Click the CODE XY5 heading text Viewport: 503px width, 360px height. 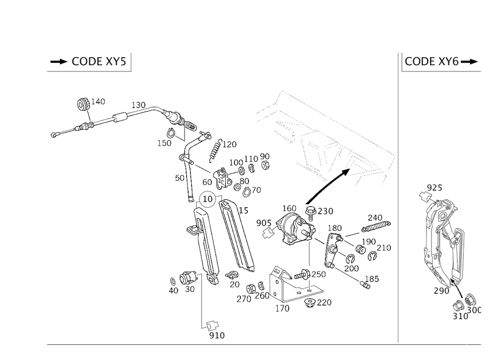click(x=99, y=61)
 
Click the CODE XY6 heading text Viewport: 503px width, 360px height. click(x=432, y=61)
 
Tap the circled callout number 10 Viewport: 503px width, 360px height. click(x=208, y=199)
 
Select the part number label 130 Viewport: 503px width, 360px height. click(x=139, y=105)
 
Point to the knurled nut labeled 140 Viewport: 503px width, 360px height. click(x=83, y=104)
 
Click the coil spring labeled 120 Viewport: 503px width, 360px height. click(x=215, y=150)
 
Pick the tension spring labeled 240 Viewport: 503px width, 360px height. click(x=376, y=226)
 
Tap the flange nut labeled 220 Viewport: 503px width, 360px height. click(x=309, y=302)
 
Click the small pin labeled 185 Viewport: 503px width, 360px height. click(x=365, y=285)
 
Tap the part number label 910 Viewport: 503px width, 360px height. click(x=217, y=335)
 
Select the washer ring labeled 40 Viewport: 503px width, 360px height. click(x=173, y=282)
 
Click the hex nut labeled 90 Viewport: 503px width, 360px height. click(x=265, y=165)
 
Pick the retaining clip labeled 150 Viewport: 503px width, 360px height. click(x=171, y=132)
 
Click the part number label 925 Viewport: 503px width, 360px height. click(x=435, y=188)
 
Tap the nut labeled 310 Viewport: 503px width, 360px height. click(x=458, y=306)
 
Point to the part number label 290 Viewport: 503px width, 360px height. click(x=442, y=291)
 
